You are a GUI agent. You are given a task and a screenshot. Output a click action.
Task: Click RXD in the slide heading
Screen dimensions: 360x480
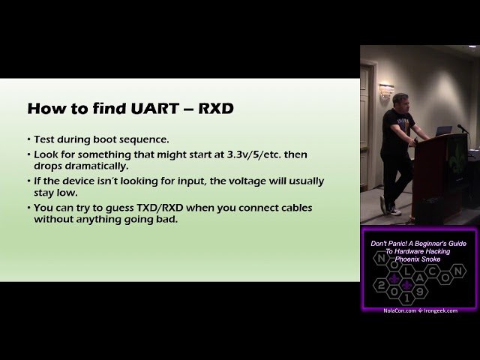coord(216,109)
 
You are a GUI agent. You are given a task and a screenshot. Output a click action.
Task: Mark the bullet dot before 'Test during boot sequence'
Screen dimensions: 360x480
coord(28,140)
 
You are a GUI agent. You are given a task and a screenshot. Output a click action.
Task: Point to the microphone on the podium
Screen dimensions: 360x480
coord(462,129)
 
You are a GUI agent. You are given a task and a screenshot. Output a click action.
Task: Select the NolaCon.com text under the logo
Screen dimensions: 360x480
coord(399,310)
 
